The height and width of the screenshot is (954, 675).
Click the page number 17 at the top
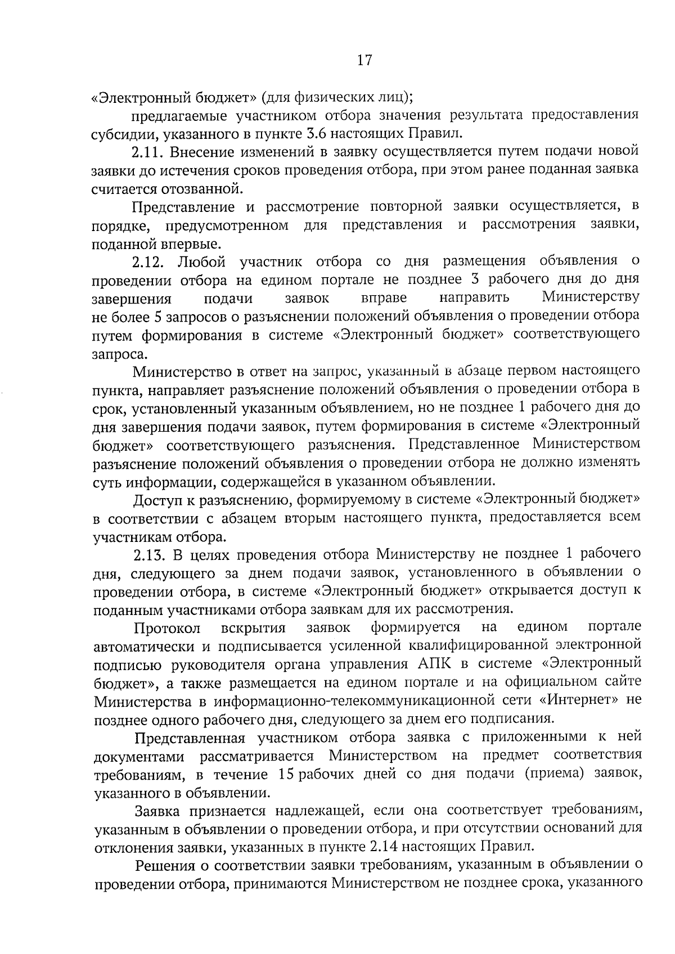pos(364,60)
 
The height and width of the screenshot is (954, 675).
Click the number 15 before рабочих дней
pos(287,774)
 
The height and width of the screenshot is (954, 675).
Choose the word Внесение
pos(198,152)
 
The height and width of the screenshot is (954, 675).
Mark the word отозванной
pos(197,189)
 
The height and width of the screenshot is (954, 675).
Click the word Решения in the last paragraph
pos(168,865)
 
